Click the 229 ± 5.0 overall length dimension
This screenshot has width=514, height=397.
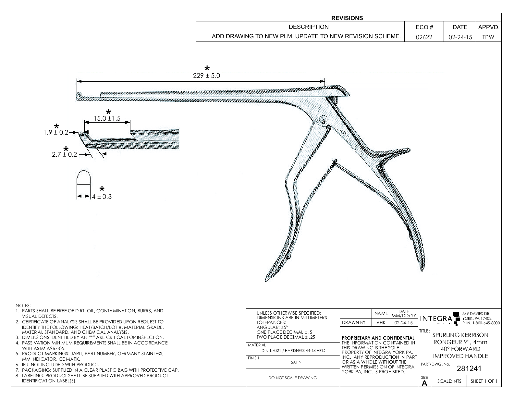(x=206, y=76)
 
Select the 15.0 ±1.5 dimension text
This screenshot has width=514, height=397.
(x=107, y=119)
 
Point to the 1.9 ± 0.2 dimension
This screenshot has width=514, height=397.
(x=56, y=132)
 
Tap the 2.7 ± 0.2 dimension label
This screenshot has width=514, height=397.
(x=64, y=154)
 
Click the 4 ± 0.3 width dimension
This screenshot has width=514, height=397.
(x=102, y=197)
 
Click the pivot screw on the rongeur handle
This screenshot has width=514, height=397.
(x=323, y=119)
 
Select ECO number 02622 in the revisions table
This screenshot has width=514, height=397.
(x=424, y=37)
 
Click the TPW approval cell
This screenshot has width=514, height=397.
(x=488, y=37)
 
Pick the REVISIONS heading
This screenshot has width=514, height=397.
(x=347, y=18)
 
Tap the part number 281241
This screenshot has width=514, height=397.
(x=469, y=368)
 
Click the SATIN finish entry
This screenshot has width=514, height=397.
(x=296, y=362)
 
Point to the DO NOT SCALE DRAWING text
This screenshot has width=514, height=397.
(x=293, y=378)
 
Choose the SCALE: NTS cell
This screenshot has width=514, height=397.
(x=449, y=381)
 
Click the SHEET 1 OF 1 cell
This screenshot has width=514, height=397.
(x=484, y=381)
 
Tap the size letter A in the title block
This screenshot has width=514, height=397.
(x=424, y=383)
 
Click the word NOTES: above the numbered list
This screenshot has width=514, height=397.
(x=23, y=306)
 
